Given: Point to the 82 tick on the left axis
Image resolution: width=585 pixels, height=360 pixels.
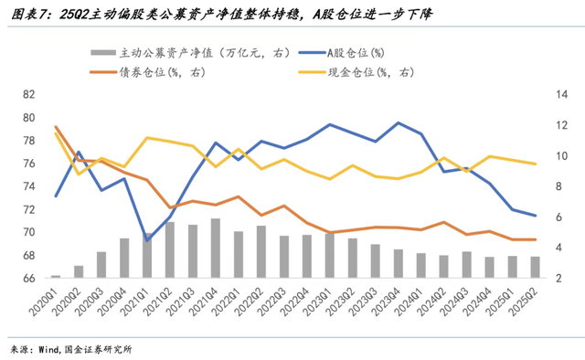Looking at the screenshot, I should pos(28,94).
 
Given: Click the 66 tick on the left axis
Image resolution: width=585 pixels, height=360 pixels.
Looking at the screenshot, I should pos(28,278).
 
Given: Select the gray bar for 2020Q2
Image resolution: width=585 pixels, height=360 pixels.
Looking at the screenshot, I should pos(79,271).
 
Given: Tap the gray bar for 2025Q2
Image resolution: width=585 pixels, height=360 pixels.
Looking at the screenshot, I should pos(536,267).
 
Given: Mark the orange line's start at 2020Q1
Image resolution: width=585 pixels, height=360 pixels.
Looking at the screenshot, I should pos(56,127).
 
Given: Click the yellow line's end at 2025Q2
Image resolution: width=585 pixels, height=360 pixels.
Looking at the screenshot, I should pos(536,164).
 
